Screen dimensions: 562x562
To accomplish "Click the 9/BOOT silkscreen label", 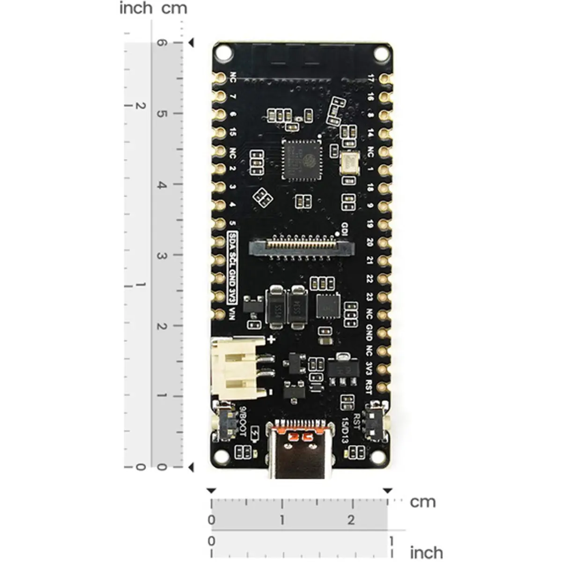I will tap(243, 421).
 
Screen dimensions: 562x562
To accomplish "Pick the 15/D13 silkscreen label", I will tap(345, 430).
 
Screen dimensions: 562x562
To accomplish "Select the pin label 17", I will tap(371, 79).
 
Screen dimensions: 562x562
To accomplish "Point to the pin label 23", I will tap(370, 297).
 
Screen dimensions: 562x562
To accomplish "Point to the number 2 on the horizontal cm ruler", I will tap(351, 519).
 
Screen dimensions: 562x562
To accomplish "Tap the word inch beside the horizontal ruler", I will tap(426, 553).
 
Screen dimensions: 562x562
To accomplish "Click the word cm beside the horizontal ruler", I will tap(422, 502).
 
